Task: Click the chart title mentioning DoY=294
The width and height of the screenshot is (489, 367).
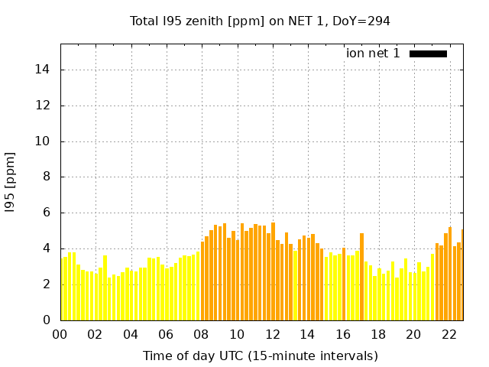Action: pyautogui.click(x=260, y=21)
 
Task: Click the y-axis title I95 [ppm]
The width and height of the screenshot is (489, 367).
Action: pyautogui.click(x=11, y=182)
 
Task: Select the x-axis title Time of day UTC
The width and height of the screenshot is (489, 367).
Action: pyautogui.click(x=260, y=356)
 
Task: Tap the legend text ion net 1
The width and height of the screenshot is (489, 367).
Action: pyautogui.click(x=373, y=54)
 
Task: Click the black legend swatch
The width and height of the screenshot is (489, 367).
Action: pyautogui.click(x=428, y=54)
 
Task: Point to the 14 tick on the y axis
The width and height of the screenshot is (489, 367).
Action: pyautogui.click(x=44, y=70)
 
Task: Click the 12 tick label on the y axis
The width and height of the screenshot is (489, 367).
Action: pyautogui.click(x=44, y=106)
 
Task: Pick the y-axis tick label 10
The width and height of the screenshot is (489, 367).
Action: pyautogui.click(x=44, y=141)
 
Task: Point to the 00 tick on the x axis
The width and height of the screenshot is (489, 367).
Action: pyautogui.click(x=60, y=334)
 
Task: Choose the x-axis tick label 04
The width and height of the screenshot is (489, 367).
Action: pyautogui.click(x=131, y=334)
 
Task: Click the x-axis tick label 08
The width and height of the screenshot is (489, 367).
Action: pyautogui.click(x=202, y=334)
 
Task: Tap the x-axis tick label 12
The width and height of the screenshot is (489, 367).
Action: pyautogui.click(x=272, y=334)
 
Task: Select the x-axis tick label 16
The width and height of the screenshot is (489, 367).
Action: pyautogui.click(x=343, y=334)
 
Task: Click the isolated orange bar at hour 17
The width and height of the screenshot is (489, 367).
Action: pyautogui.click(x=361, y=277)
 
